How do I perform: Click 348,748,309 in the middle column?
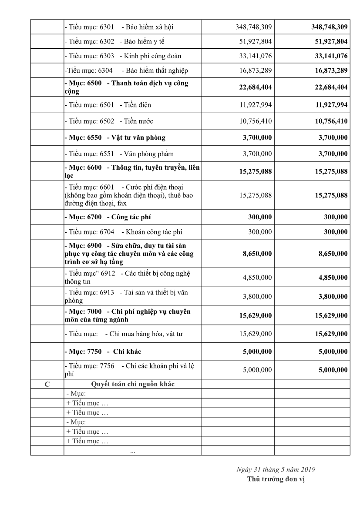(x=254, y=27)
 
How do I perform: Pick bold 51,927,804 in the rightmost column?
(x=330, y=41)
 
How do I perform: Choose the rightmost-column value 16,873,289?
(x=330, y=70)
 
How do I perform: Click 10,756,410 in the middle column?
(x=254, y=121)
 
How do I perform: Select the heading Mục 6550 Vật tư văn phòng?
(x=115, y=137)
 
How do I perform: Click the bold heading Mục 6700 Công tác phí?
(x=108, y=217)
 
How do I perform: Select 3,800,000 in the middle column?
(x=257, y=297)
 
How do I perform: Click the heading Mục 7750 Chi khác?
(x=103, y=351)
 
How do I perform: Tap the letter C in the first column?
(x=47, y=384)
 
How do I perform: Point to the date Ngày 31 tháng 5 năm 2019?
(x=276, y=469)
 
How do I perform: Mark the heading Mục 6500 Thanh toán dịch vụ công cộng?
(x=126, y=87)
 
